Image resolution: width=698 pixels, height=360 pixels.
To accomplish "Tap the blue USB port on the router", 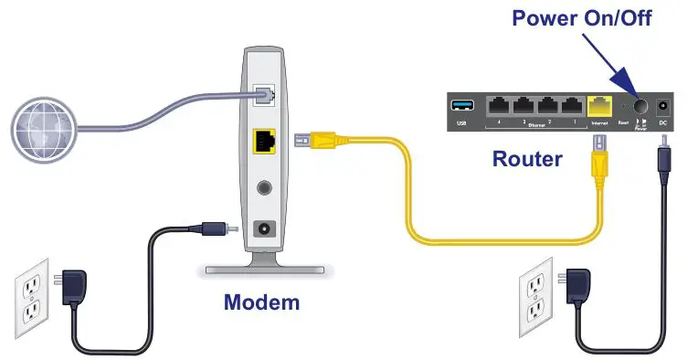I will tap(460, 102).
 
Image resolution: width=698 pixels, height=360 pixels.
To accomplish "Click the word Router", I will tap(527, 159).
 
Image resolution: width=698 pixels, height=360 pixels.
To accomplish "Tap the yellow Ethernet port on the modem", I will tap(264, 143).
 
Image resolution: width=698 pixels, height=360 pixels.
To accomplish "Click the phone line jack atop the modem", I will tap(265, 92).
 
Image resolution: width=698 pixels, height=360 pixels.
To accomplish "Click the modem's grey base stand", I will tap(264, 270).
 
